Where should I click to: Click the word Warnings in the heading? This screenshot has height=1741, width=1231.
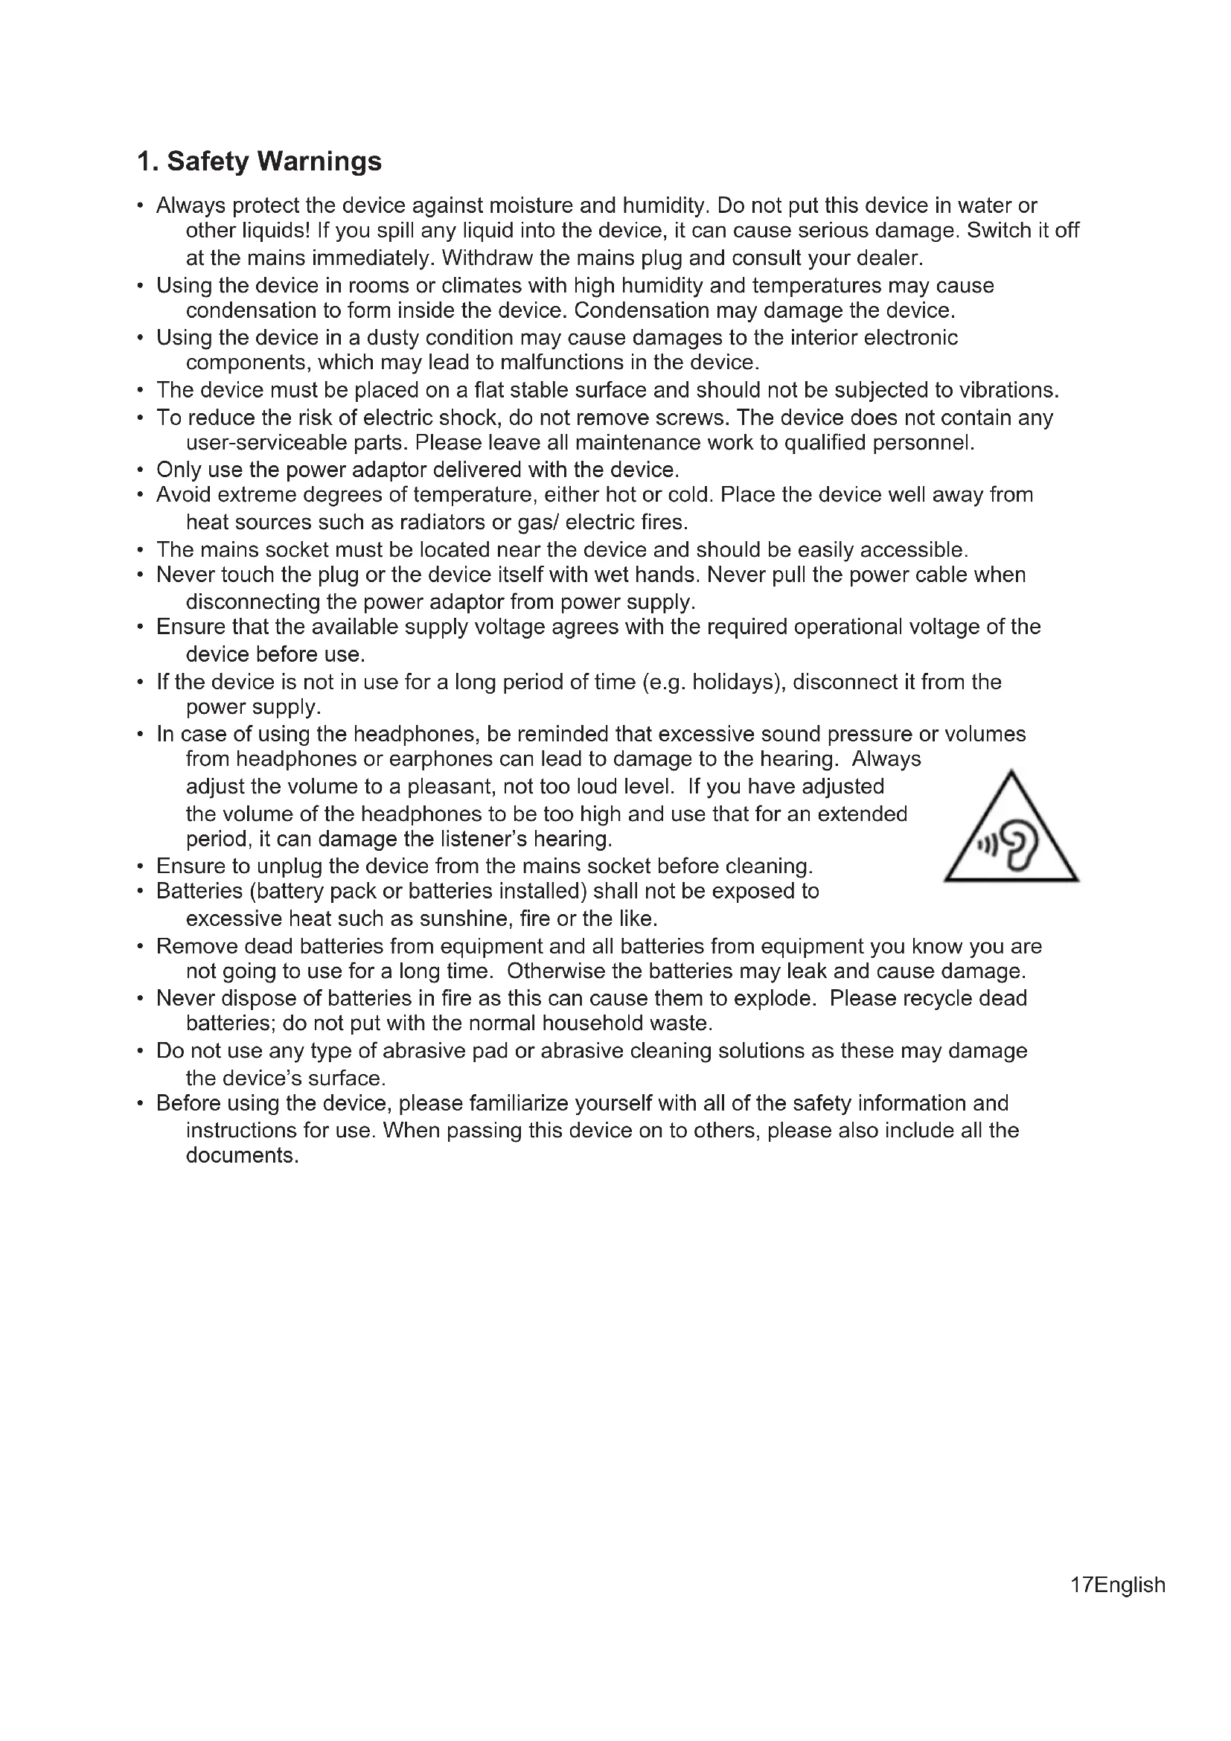click(319, 162)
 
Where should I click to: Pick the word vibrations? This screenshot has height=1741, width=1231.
click(1008, 390)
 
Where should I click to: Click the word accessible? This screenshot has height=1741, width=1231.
click(913, 549)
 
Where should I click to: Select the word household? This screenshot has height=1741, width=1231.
click(592, 1023)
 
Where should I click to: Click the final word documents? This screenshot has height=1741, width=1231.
click(242, 1156)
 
